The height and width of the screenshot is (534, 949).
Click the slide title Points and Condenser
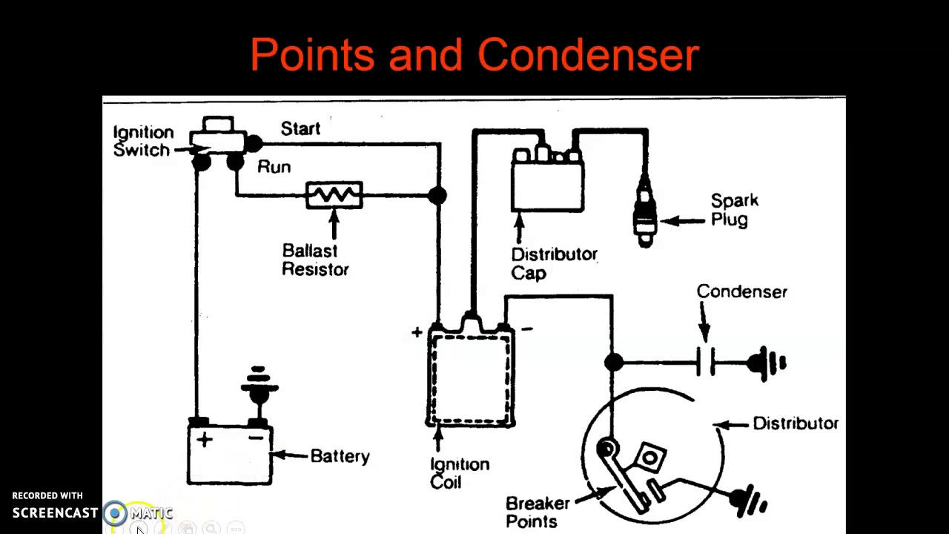(474, 55)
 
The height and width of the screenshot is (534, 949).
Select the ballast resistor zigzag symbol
(334, 195)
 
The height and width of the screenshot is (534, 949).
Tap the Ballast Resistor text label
(315, 260)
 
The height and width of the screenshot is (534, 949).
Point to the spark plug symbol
(644, 211)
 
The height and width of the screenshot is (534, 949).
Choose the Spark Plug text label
(734, 210)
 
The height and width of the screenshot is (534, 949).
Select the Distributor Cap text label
(553, 263)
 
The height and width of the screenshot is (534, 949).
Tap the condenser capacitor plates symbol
(705, 363)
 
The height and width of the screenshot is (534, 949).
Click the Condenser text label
(741, 291)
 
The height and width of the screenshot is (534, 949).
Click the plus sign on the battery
(204, 440)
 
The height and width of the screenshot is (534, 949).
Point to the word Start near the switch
(300, 128)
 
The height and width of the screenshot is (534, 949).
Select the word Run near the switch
(274, 167)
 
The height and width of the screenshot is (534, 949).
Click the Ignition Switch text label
(142, 141)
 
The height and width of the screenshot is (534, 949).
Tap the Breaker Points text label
(537, 512)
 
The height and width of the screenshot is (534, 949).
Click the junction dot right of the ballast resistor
(437, 195)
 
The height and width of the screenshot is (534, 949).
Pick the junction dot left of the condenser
(613, 362)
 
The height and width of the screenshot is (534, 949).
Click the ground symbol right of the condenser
(768, 363)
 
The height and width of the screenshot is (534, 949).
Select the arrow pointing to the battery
(290, 455)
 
